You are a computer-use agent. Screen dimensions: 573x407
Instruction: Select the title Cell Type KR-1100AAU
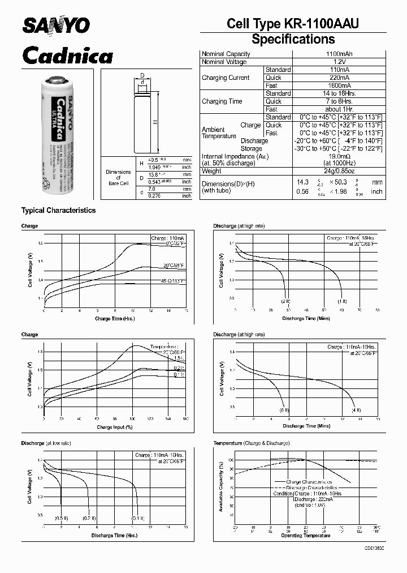pyautogui.click(x=292, y=23)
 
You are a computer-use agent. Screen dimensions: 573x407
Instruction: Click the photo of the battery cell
pyautogui.click(x=57, y=136)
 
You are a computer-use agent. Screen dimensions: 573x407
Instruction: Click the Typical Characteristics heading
pyautogui.click(x=58, y=211)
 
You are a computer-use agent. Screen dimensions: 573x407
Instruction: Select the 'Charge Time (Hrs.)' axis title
pyautogui.click(x=115, y=319)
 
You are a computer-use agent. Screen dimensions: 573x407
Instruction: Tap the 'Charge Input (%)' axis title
pyautogui.click(x=115, y=427)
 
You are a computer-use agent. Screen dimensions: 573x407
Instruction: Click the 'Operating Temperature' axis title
pyautogui.click(x=306, y=535)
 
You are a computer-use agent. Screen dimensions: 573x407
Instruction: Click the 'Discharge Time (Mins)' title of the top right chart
pyautogui.click(x=306, y=319)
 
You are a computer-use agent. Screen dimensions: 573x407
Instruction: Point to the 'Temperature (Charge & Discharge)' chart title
pyautogui.click(x=251, y=443)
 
